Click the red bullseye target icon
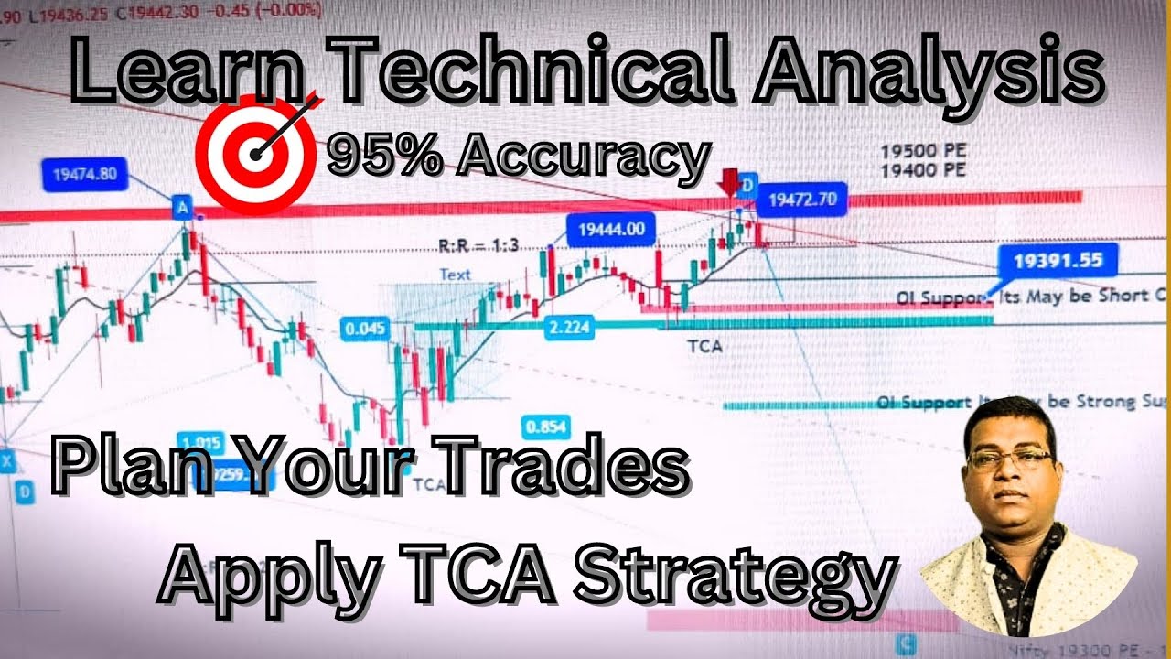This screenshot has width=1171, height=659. tap(255, 152)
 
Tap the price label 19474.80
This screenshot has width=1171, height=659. tap(85, 174)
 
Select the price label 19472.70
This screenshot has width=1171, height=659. tap(801, 198)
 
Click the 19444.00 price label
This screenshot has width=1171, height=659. tap(611, 230)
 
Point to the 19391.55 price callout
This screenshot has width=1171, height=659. tap(1058, 260)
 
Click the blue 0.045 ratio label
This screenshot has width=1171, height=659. tap(365, 329)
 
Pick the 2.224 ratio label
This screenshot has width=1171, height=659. tap(569, 329)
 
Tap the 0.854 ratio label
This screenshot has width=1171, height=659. tap(545, 427)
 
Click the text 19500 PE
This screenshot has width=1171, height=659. tap(923, 152)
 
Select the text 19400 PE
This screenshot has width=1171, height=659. tap(923, 170)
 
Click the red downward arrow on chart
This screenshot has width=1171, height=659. tap(729, 182)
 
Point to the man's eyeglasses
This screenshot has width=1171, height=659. tap(1010, 458)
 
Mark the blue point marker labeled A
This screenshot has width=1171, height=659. tap(183, 210)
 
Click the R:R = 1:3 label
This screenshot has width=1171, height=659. tap(478, 245)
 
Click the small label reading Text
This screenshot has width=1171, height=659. tap(455, 274)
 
